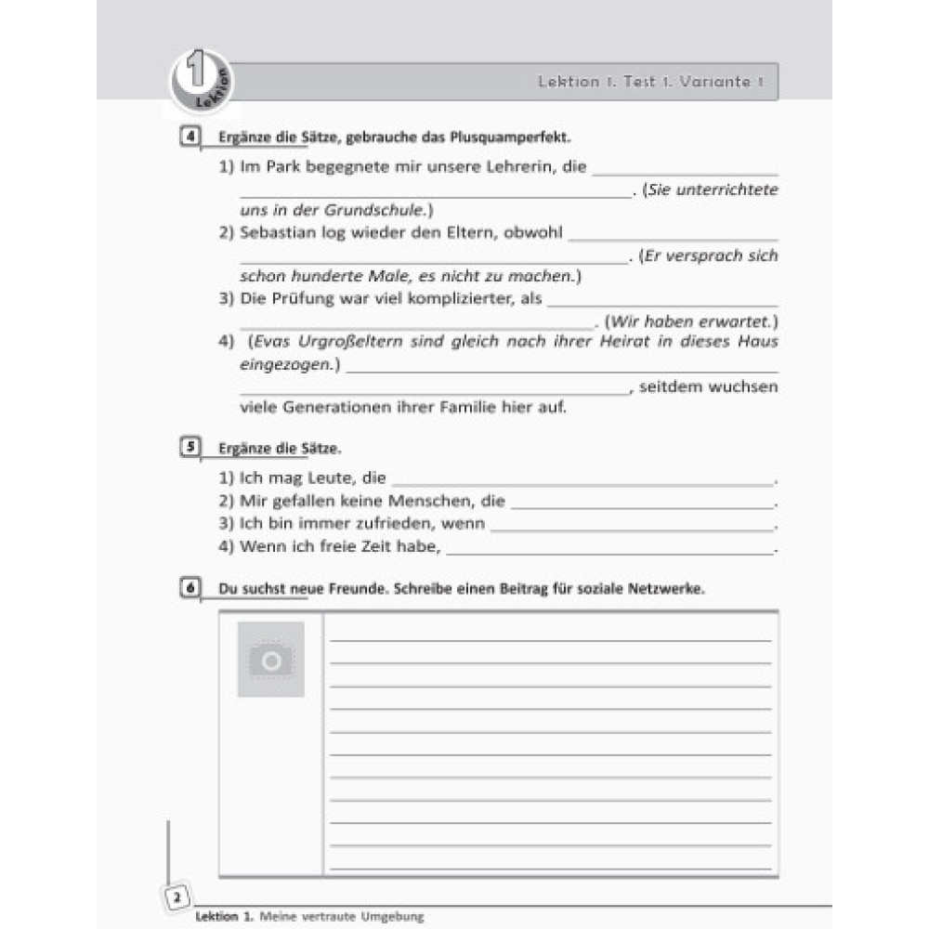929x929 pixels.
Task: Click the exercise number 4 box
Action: coord(190,138)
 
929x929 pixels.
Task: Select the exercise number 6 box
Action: coord(190,588)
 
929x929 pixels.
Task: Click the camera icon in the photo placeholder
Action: coord(270,660)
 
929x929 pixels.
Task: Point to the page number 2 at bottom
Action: coord(177,897)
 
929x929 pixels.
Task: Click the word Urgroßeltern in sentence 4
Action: coord(346,341)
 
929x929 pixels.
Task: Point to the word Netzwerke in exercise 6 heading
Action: coord(668,589)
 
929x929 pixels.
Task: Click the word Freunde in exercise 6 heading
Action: coord(346,589)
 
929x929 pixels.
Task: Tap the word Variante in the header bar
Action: coord(714,82)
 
